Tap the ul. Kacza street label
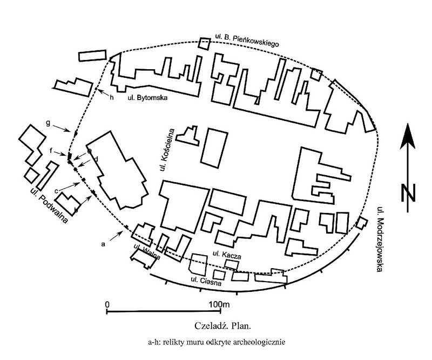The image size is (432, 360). (226, 254)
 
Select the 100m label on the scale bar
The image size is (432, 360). (218, 304)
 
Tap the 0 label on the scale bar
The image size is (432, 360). (107, 304)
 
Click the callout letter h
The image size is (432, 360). (112, 98)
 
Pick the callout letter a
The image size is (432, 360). (103, 244)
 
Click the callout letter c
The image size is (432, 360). (56, 190)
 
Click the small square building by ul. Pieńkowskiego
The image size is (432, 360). (204, 43)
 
